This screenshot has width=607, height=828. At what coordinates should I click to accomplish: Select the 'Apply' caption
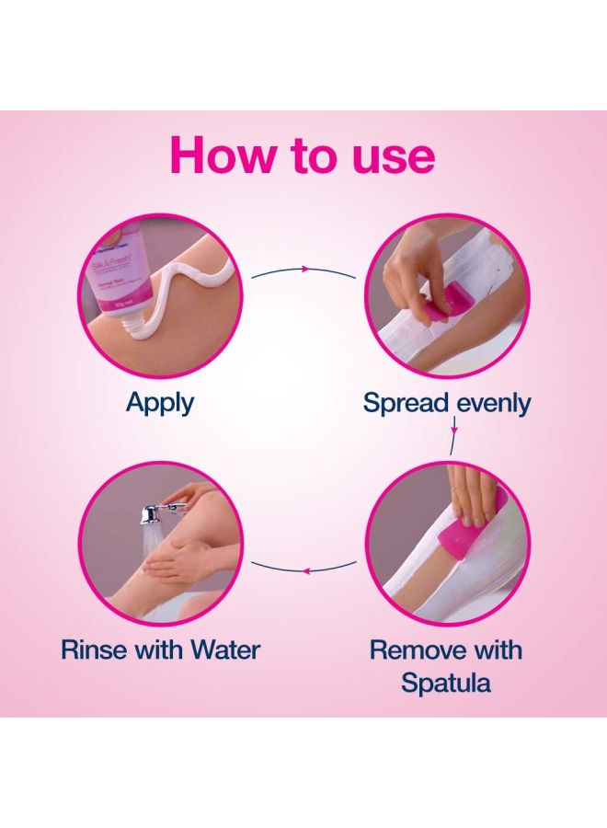(x=160, y=402)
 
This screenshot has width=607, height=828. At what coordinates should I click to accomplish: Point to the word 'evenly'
(x=492, y=403)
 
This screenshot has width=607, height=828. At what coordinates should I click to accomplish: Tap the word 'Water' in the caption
(x=224, y=650)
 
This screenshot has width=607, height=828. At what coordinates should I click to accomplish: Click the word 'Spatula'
(x=445, y=683)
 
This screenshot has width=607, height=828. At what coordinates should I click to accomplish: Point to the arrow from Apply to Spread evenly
(x=303, y=270)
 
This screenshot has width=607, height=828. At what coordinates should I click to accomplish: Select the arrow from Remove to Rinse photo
(x=305, y=570)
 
